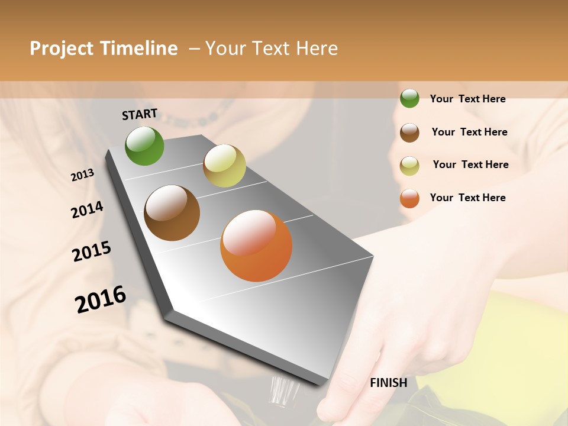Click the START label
140,114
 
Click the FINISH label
388,383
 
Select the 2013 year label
83,175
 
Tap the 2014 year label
87,210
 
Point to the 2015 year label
92,251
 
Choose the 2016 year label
101,299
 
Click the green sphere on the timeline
144,146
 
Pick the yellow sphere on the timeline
224,166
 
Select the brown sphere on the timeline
172,213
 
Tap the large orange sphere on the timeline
256,246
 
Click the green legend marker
409,99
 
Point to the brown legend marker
409,132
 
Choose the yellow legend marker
409,165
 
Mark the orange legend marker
409,198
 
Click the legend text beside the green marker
467,99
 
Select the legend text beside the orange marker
467,198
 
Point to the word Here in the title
317,49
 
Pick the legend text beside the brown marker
469,132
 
